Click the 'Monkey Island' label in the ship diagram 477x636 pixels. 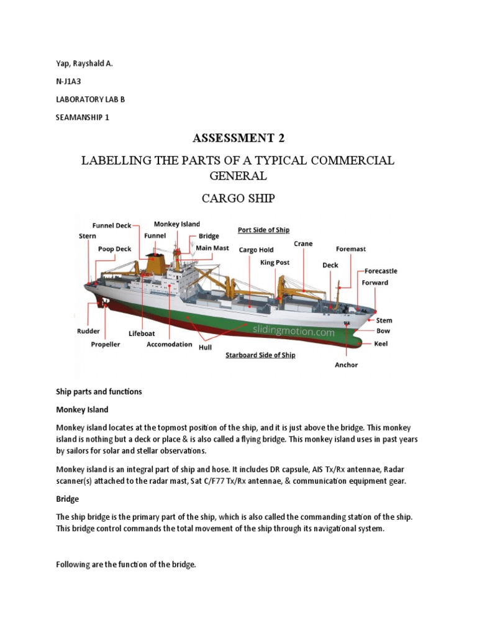coord(177,224)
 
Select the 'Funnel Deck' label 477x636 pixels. coord(112,225)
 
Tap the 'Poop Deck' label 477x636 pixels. coord(114,249)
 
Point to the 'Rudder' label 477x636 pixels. coord(88,331)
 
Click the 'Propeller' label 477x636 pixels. coord(106,344)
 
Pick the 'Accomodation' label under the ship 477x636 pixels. coord(170,345)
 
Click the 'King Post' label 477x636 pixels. coord(275,263)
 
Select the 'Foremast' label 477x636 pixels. coord(351,249)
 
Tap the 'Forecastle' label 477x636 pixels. coord(381,271)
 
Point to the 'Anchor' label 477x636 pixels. coord(346,365)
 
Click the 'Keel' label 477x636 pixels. coord(381,343)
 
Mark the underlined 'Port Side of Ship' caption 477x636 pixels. coord(264,230)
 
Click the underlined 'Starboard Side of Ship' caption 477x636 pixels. coord(260,355)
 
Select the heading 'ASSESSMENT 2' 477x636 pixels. coord(238,138)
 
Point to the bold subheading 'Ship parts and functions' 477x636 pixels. coord(99,392)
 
